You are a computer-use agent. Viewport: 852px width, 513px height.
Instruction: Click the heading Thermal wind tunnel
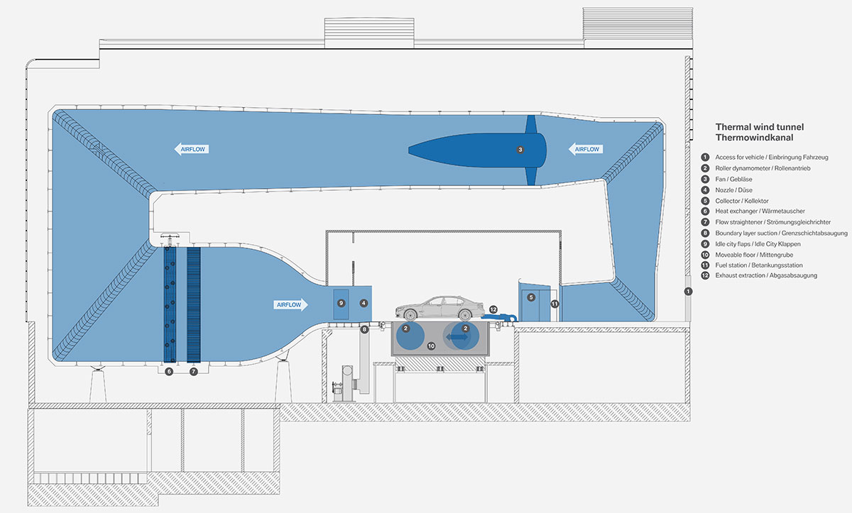[759, 127]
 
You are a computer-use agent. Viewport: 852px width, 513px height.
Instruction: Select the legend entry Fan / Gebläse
[736, 179]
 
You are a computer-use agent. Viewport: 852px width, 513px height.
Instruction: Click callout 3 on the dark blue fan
[520, 150]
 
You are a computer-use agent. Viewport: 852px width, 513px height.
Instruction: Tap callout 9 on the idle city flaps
[342, 303]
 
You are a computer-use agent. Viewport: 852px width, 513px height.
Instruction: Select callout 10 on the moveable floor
[430, 346]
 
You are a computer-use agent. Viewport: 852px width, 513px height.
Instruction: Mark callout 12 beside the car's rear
[493, 309]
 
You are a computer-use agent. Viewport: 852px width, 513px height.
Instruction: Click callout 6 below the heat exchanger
[169, 371]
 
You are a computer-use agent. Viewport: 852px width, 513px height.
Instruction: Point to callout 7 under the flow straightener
[194, 371]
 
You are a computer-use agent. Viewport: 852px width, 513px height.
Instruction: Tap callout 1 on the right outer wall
[687, 292]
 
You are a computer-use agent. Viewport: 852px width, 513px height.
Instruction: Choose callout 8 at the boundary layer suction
[364, 329]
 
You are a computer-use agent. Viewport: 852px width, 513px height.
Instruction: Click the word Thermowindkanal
[754, 138]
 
